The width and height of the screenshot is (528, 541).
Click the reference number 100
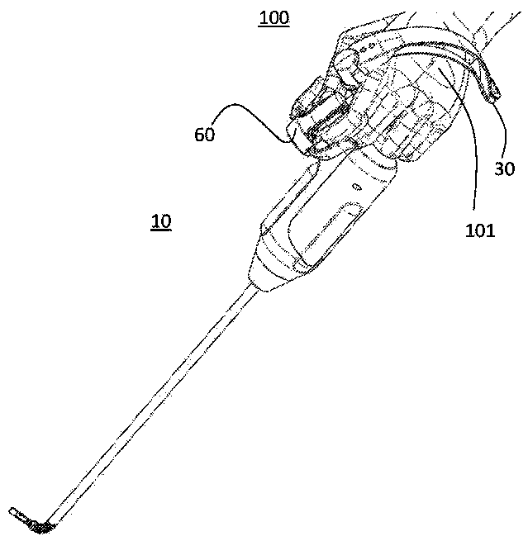pos(274,17)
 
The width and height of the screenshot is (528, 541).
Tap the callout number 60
pos(205,134)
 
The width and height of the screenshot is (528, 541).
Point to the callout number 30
pos(504,168)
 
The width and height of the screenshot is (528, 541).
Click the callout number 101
pos(479,230)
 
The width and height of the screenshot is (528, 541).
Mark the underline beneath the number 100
pos(274,26)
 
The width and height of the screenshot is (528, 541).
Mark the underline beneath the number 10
pos(161,230)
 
